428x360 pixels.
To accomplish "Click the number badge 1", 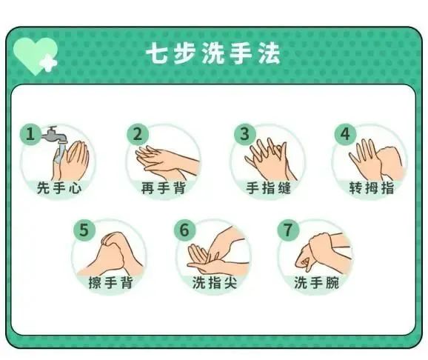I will [x=30, y=134].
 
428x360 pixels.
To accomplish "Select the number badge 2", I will [x=136, y=134].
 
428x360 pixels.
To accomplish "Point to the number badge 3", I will [x=244, y=134].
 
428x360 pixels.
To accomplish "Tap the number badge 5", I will [x=84, y=230].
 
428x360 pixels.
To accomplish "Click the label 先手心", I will [x=58, y=188].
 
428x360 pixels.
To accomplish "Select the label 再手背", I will [x=163, y=188].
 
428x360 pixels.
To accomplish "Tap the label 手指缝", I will [x=267, y=188].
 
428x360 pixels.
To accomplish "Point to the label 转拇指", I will [x=371, y=188].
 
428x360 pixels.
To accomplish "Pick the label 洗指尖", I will [x=213, y=283].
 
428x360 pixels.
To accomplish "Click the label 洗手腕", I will [x=316, y=283].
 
